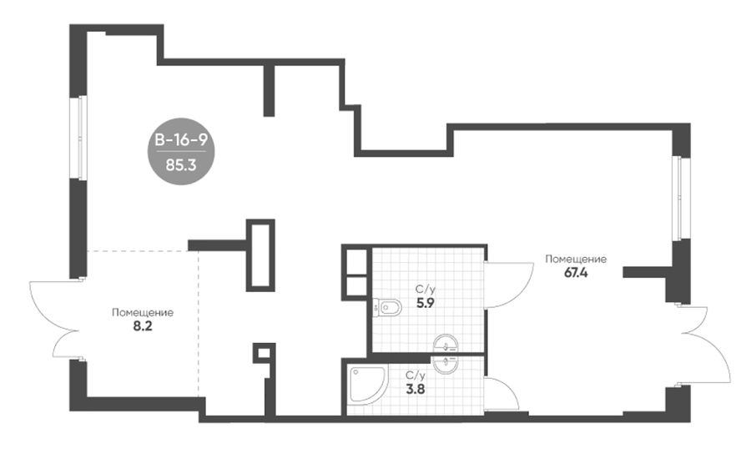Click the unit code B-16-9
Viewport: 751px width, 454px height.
coord(181,140)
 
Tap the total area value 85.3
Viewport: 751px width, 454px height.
coord(181,166)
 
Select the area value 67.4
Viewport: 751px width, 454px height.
coord(576,274)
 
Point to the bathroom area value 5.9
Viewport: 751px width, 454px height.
coord(426,303)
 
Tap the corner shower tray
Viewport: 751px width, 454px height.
coord(368,386)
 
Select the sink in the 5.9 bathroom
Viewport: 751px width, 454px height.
coord(446,344)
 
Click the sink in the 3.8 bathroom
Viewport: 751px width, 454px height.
coord(446,363)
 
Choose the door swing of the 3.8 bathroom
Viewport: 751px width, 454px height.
coord(502,394)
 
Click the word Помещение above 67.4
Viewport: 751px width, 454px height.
coord(576,259)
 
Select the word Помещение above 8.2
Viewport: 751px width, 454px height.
coord(142,313)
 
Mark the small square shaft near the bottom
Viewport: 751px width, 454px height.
coord(263,353)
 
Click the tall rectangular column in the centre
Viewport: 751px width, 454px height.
coord(260,255)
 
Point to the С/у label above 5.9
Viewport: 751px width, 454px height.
coord(426,290)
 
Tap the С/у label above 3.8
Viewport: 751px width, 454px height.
coord(416,375)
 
